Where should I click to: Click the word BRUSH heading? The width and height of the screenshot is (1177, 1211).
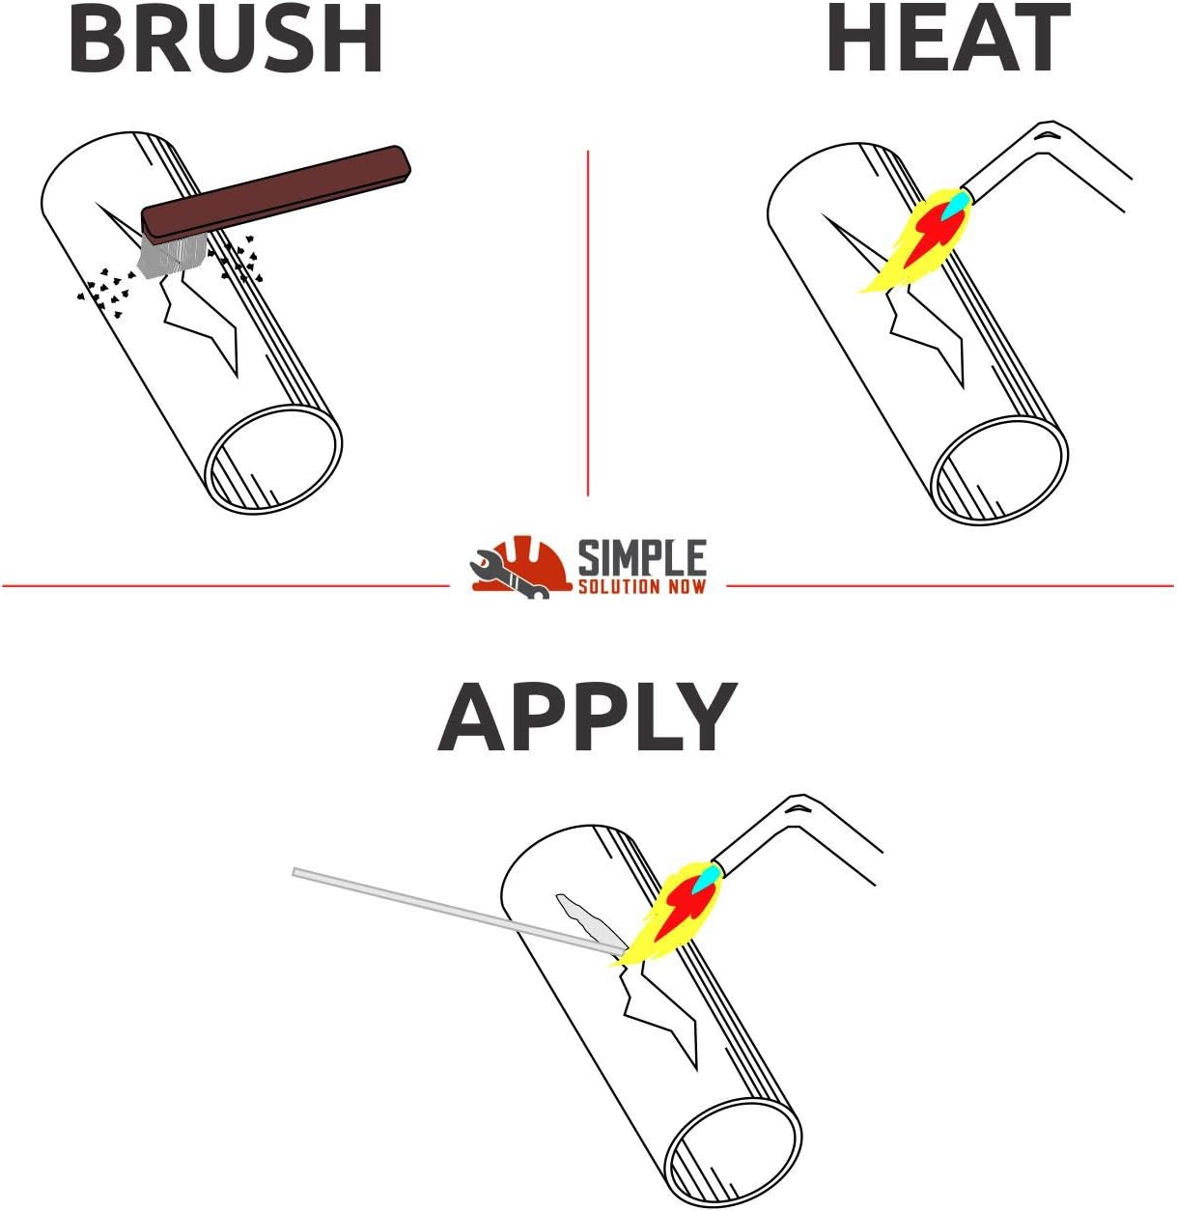[226, 41]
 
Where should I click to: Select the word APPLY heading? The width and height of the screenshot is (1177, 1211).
[587, 718]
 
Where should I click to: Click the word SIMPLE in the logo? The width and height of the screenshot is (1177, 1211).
[642, 558]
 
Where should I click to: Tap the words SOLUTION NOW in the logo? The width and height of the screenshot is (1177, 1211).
[642, 586]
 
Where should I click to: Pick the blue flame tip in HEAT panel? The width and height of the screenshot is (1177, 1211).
[957, 203]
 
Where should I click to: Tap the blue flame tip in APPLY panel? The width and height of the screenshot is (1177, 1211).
[709, 876]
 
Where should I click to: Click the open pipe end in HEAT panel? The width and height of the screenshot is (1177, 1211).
[998, 470]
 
